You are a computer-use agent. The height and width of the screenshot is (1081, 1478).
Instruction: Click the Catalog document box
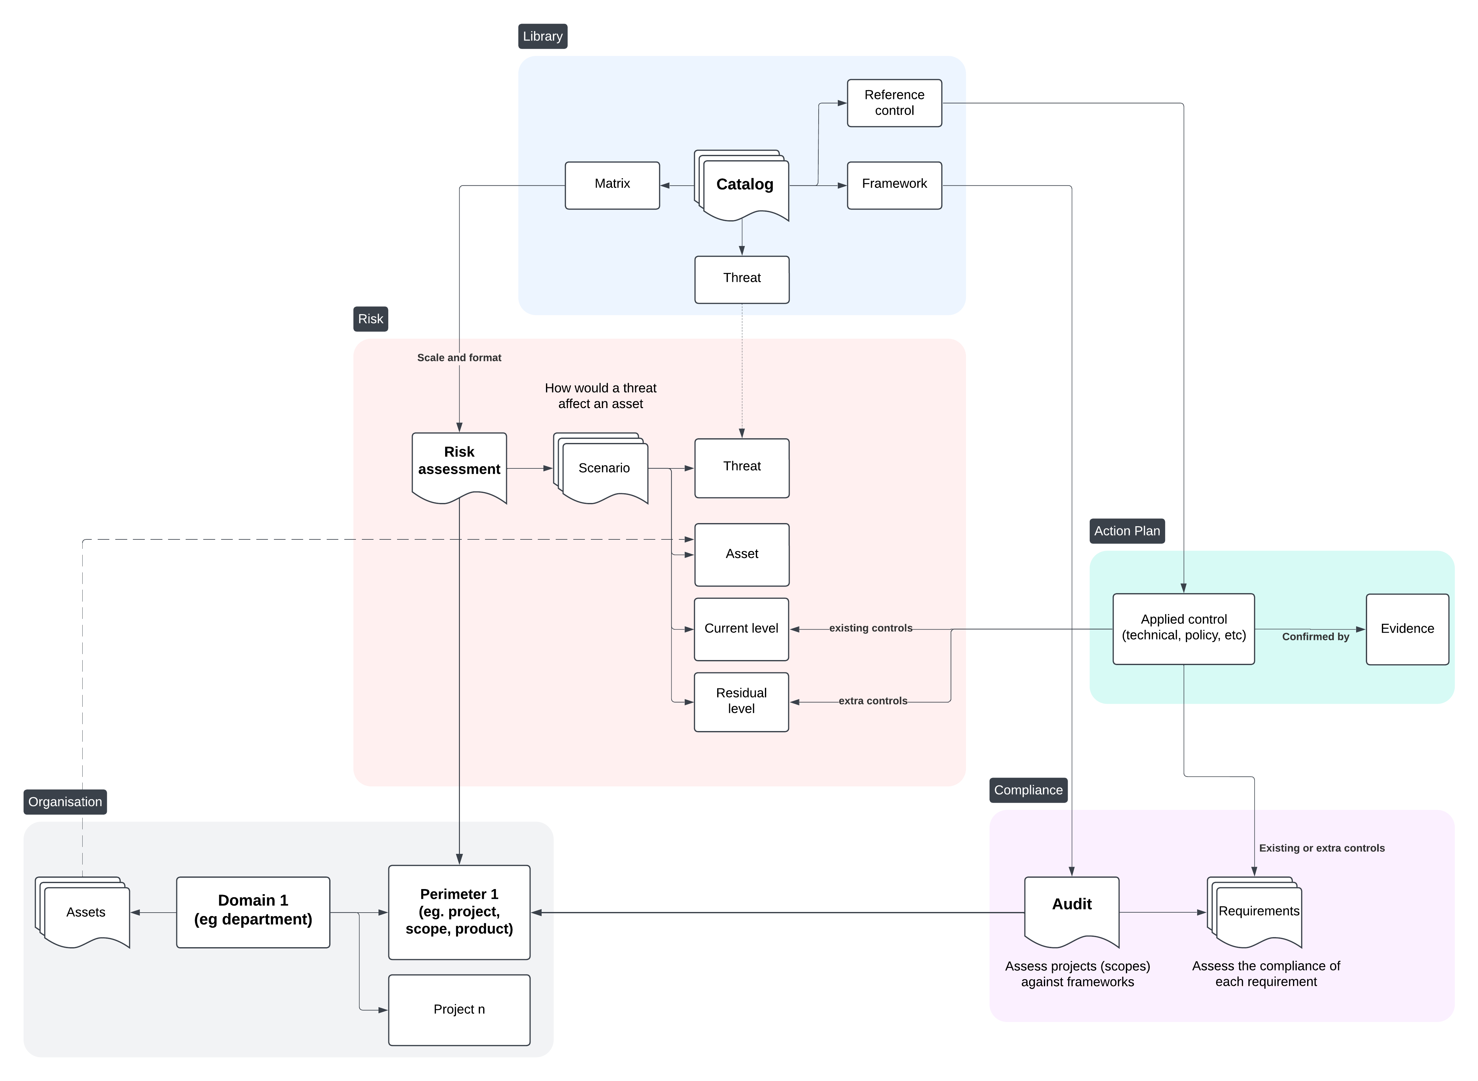point(744,184)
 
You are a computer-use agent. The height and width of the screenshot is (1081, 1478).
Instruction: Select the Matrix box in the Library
point(612,185)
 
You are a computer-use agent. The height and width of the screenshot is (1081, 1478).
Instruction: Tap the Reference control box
point(894,103)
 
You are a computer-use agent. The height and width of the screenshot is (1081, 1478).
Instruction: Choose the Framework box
point(894,185)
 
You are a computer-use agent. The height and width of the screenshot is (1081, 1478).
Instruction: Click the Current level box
point(741,629)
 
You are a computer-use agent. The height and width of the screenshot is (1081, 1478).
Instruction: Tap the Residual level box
point(741,702)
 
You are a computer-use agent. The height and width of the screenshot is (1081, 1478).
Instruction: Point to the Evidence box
point(1407,629)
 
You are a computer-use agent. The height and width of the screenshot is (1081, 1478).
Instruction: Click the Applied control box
point(1183,628)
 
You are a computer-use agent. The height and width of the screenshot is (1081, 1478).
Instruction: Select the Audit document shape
point(1071,909)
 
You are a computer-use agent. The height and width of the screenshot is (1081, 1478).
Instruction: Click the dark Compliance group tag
point(1028,790)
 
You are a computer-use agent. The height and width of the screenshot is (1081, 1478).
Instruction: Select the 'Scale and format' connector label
point(459,357)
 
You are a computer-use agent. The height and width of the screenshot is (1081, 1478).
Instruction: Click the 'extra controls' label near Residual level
point(872,701)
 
